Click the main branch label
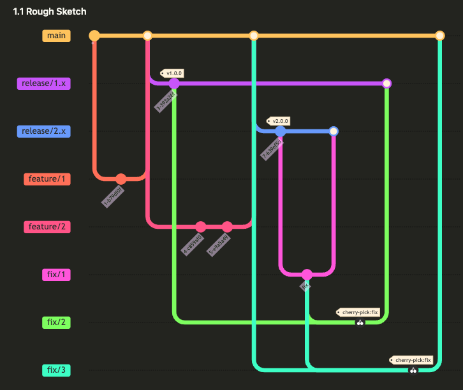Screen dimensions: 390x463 [x=56, y=36]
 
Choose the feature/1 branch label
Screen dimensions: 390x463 [x=48, y=179]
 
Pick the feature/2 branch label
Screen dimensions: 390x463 [x=48, y=227]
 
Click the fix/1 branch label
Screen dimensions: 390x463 [x=56, y=275]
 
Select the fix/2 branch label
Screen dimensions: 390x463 [x=56, y=322]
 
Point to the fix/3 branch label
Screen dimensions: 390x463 [x=56, y=370]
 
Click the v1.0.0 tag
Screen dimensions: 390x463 [x=173, y=73]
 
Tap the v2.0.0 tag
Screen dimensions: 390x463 [x=279, y=121]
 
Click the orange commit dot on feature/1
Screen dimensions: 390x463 [x=121, y=179]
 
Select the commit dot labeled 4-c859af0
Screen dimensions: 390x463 [x=201, y=227]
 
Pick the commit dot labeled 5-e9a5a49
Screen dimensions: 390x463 [x=228, y=227]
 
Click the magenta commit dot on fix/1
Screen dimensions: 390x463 [x=307, y=275]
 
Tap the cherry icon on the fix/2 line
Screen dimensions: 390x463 [x=360, y=323]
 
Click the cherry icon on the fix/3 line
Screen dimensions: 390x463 [x=413, y=370]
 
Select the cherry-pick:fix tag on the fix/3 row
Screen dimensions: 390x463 [x=411, y=360]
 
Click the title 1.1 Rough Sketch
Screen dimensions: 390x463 [x=50, y=11]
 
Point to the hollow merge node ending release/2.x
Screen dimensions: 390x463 [x=334, y=131]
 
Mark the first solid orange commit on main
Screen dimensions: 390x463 [x=94, y=36]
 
